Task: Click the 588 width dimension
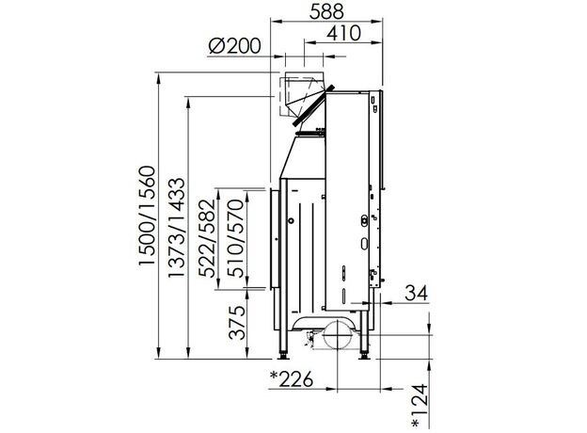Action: click(326, 11)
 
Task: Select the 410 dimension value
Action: click(343, 33)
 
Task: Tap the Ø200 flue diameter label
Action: click(234, 46)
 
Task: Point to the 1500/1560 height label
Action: click(147, 216)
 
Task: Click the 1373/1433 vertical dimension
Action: click(176, 228)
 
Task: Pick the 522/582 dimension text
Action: click(207, 238)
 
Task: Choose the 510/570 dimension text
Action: click(237, 238)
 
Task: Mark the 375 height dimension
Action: click(237, 323)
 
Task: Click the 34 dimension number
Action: click(417, 293)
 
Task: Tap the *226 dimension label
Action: click(292, 379)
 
